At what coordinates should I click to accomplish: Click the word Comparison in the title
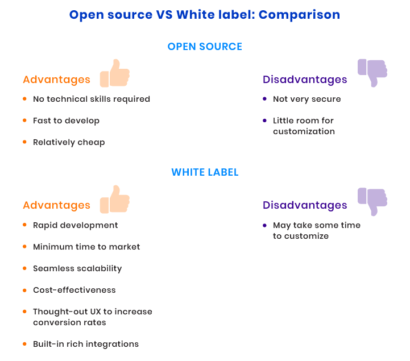[x=299, y=15]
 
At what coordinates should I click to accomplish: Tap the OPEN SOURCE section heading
[x=205, y=47]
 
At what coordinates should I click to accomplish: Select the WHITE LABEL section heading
[x=205, y=172]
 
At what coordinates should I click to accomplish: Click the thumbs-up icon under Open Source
[x=115, y=73]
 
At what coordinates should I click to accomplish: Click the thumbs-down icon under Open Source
[x=372, y=73]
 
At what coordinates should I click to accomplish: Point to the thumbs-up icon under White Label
[x=115, y=199]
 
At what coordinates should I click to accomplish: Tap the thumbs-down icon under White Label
[x=372, y=202]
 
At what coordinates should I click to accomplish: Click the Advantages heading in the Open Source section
[x=56, y=80]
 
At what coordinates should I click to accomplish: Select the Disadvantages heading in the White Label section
[x=305, y=205]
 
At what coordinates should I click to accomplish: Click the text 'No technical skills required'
[x=92, y=99]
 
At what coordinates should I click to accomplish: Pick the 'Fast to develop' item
[x=66, y=121]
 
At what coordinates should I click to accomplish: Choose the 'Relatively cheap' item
[x=69, y=143]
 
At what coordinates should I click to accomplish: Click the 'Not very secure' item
[x=307, y=99]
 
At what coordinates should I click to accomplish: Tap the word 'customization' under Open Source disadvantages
[x=304, y=131]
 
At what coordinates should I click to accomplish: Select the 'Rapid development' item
[x=75, y=225]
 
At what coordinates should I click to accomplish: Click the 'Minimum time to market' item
[x=86, y=247]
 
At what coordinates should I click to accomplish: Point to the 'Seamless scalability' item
[x=77, y=268]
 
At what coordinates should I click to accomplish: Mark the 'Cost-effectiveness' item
[x=74, y=290]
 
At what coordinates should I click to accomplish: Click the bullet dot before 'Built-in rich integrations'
[x=24, y=344]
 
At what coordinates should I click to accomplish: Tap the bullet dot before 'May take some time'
[x=264, y=225]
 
